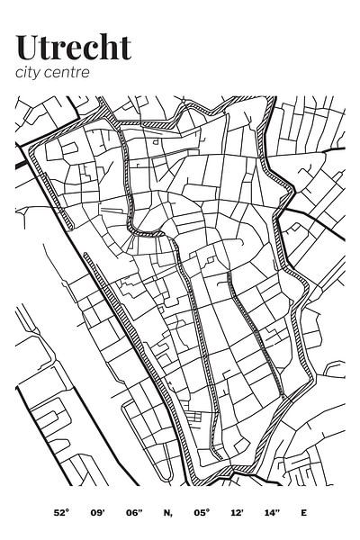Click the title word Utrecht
click(x=73, y=47)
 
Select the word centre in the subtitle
click(x=69, y=73)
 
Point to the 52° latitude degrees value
click(x=61, y=513)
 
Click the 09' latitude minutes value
click(x=97, y=513)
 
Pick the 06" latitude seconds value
click(x=134, y=513)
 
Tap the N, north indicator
click(x=167, y=513)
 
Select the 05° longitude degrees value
click(x=202, y=513)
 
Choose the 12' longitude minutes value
click(x=238, y=513)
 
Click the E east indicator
click(x=303, y=513)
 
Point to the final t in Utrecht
click(x=124, y=48)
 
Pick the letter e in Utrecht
click(x=76, y=49)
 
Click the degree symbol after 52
click(x=67, y=510)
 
